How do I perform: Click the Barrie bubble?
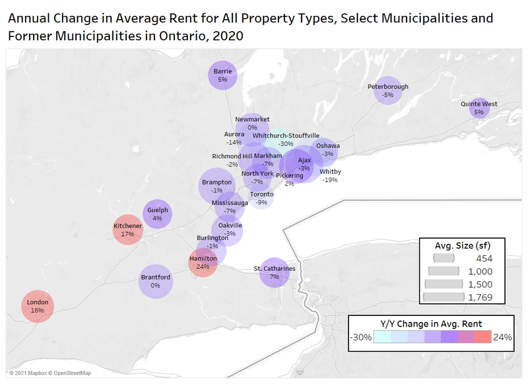(x=222, y=75)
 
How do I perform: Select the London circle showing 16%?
(x=38, y=307)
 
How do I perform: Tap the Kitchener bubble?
(x=127, y=229)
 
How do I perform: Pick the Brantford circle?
(x=156, y=282)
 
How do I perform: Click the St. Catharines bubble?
(x=275, y=272)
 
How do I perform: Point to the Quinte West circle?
(x=479, y=108)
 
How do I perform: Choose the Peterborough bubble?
(x=388, y=91)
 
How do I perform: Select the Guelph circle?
(x=157, y=214)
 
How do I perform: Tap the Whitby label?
(x=331, y=172)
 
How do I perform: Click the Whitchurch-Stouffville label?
(x=286, y=135)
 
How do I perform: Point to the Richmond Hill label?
(x=232, y=156)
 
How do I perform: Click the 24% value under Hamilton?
(x=203, y=266)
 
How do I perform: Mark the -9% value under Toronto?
(x=261, y=202)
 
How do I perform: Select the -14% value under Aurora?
(x=234, y=142)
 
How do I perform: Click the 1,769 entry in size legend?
(x=480, y=297)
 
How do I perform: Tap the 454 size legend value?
(x=484, y=258)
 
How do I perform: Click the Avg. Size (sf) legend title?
(x=463, y=245)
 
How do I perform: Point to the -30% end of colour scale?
(x=361, y=337)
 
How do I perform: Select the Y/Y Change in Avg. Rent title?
(x=431, y=324)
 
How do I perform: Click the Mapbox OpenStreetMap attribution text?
(x=50, y=373)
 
